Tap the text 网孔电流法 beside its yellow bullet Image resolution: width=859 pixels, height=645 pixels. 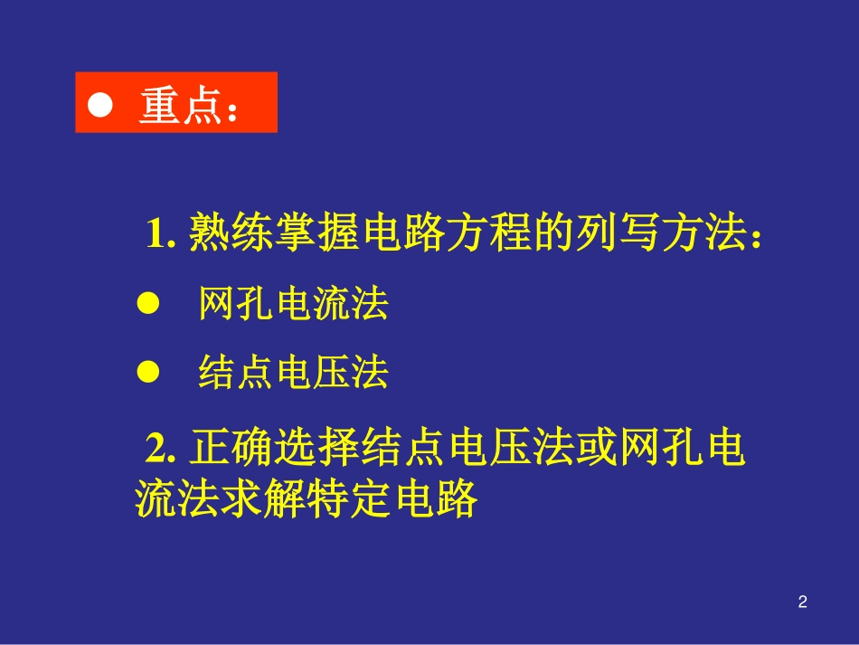tap(293, 306)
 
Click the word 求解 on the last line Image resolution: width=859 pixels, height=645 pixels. tap(262, 499)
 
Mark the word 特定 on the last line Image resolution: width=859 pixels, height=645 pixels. tap(348, 499)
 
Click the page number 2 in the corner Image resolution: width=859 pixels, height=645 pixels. tap(802, 601)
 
